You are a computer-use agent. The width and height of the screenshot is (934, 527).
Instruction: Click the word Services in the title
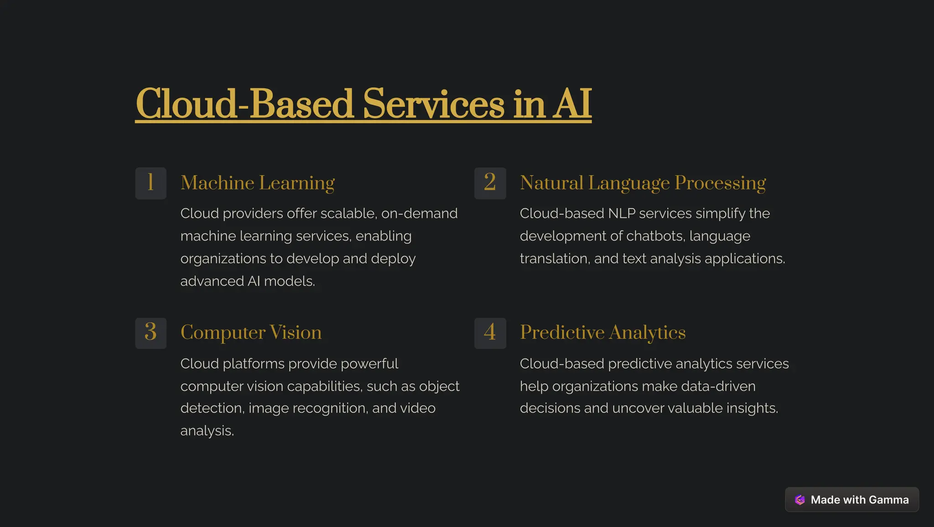click(433, 104)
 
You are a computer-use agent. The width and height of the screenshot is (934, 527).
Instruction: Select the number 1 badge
click(150, 183)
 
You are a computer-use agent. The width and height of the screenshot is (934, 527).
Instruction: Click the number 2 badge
click(490, 183)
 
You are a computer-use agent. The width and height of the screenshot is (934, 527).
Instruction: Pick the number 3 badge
click(150, 333)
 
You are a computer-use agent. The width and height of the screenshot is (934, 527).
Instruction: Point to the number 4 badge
click(490, 333)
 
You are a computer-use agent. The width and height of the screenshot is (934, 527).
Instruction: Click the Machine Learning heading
click(257, 183)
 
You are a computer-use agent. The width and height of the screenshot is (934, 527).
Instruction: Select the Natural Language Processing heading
click(643, 183)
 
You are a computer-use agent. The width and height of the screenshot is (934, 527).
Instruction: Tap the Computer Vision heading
click(251, 332)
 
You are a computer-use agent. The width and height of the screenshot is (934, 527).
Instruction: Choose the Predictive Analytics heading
click(602, 332)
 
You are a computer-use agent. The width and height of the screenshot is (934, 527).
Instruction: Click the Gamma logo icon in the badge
click(799, 500)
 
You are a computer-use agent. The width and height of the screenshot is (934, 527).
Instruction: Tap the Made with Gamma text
click(859, 500)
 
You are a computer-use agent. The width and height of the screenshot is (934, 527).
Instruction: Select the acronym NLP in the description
click(622, 213)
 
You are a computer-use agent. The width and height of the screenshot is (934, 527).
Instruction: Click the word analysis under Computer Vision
click(207, 431)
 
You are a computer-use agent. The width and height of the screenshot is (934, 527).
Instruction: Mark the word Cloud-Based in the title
click(244, 104)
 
